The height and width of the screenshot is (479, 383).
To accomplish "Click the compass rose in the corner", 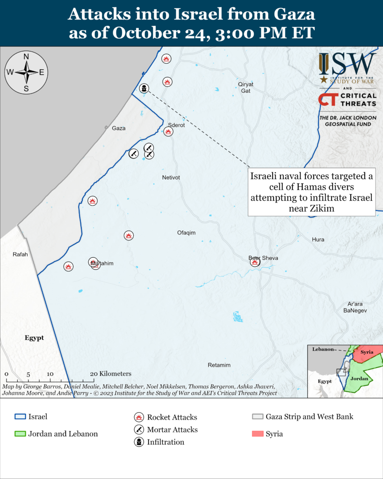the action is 27,73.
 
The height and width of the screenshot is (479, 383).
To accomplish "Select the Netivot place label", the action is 171,178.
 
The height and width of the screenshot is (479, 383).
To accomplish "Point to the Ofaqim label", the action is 186,232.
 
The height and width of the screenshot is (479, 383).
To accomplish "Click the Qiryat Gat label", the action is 246,87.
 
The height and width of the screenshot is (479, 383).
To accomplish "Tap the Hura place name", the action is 318,239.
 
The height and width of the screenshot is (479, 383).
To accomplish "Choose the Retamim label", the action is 219,365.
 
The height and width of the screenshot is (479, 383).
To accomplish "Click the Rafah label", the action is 21,254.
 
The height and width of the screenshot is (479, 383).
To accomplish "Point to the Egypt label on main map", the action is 34,337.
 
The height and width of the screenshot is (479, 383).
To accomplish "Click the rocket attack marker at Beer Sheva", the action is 255,262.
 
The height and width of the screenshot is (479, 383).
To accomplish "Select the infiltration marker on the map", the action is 145,88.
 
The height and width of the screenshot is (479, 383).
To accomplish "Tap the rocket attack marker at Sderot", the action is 168,131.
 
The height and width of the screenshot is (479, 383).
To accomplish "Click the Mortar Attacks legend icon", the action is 138,429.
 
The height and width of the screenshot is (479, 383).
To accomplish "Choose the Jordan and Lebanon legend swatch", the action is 20,434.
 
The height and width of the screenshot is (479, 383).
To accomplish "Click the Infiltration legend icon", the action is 138,442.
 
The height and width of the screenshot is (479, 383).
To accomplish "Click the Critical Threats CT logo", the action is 326,99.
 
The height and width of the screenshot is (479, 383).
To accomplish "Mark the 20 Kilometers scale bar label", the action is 111,374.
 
